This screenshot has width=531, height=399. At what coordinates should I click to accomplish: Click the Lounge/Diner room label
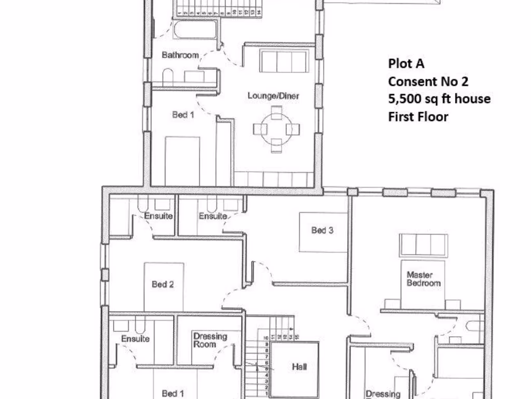[x=273, y=96]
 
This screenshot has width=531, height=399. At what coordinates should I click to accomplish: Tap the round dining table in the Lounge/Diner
[x=277, y=129]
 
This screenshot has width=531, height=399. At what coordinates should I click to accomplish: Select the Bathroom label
[x=180, y=55]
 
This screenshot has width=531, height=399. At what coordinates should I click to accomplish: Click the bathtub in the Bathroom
[x=195, y=30]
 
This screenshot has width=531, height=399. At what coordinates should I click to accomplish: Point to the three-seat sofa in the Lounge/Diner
[x=284, y=62]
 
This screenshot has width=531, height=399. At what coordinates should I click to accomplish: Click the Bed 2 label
[x=162, y=284]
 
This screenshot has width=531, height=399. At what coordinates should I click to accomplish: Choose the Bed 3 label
[x=322, y=230]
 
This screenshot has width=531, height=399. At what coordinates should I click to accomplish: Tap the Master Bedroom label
[x=423, y=279]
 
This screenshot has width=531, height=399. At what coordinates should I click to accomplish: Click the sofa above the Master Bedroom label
[x=423, y=245]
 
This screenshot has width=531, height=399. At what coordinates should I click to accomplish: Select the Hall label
[x=299, y=367]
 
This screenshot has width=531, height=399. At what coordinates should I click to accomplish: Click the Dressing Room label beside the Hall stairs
[x=210, y=340]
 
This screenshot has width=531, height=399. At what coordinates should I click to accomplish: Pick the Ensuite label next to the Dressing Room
[x=135, y=339]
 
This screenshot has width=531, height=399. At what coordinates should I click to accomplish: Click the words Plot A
[x=406, y=64]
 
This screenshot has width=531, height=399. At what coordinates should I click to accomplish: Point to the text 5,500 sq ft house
[x=439, y=99]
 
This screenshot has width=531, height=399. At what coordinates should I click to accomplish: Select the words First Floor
[x=418, y=116]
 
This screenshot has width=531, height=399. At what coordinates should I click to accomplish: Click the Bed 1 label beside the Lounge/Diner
[x=183, y=115]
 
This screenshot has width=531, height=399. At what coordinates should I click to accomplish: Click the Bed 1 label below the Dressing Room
[x=173, y=393]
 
